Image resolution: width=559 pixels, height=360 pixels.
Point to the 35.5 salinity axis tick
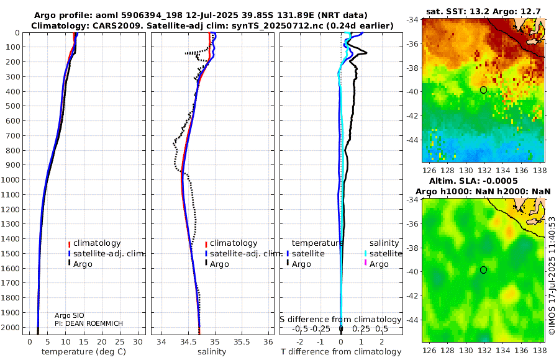click(242, 342)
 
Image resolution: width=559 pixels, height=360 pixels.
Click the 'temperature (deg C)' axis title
click(84, 352)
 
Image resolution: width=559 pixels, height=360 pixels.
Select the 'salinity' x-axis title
click(212, 352)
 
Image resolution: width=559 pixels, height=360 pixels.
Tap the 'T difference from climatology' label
click(341, 352)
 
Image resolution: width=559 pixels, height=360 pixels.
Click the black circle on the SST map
click(483, 90)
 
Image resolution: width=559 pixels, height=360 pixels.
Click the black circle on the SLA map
click(483, 270)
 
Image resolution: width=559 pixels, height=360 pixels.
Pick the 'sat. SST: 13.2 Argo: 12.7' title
click(483, 12)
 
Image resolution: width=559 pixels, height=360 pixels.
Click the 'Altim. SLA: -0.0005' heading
click(473, 181)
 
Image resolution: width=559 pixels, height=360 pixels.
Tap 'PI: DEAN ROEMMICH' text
click(89, 323)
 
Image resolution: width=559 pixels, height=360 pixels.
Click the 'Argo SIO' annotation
click(70, 315)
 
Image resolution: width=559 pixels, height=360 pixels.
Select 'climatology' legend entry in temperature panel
click(94, 243)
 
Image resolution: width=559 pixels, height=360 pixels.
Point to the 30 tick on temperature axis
click(138, 342)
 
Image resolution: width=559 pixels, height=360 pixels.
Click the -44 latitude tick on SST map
click(412, 140)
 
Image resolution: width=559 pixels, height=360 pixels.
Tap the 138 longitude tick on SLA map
click(540, 350)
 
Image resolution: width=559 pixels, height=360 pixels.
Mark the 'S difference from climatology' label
click(340, 320)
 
